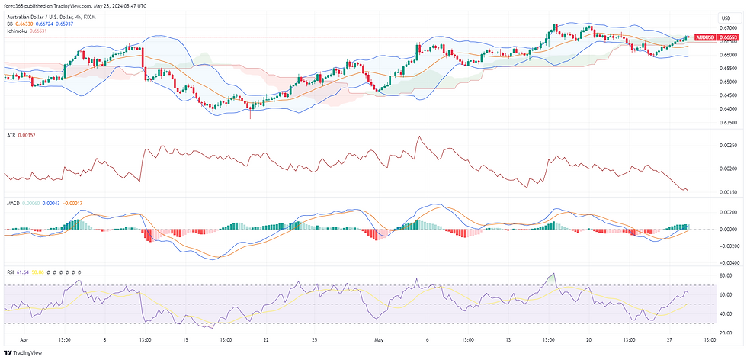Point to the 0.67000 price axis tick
[729, 27]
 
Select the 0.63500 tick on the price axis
[729, 121]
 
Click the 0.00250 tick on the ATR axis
[729, 144]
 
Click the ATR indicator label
[10, 135]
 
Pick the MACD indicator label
[12, 203]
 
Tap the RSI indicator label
[9, 271]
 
